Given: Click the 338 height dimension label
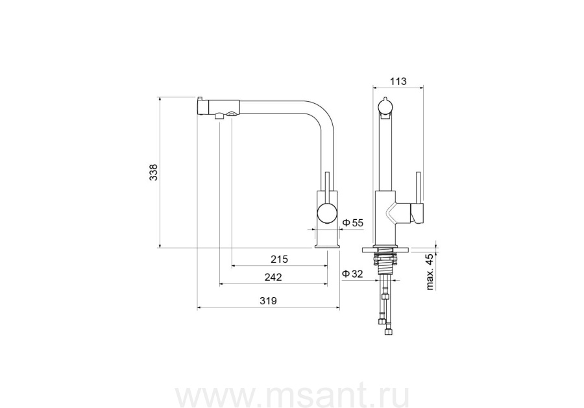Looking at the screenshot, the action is pyautogui.click(x=153, y=173).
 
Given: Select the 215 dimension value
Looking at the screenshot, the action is pyautogui.click(x=279, y=259).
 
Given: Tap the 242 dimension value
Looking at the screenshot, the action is pyautogui.click(x=273, y=278).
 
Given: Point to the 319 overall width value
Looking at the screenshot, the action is pyautogui.click(x=268, y=301).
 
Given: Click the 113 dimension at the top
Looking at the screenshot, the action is pyautogui.click(x=398, y=81).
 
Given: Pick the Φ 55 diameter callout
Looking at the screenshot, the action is pyautogui.click(x=352, y=223).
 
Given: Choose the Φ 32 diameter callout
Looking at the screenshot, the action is pyautogui.click(x=352, y=274).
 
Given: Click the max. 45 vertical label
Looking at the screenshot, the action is pyautogui.click(x=430, y=272).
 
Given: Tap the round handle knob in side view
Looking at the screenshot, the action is pyautogui.click(x=327, y=213).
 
